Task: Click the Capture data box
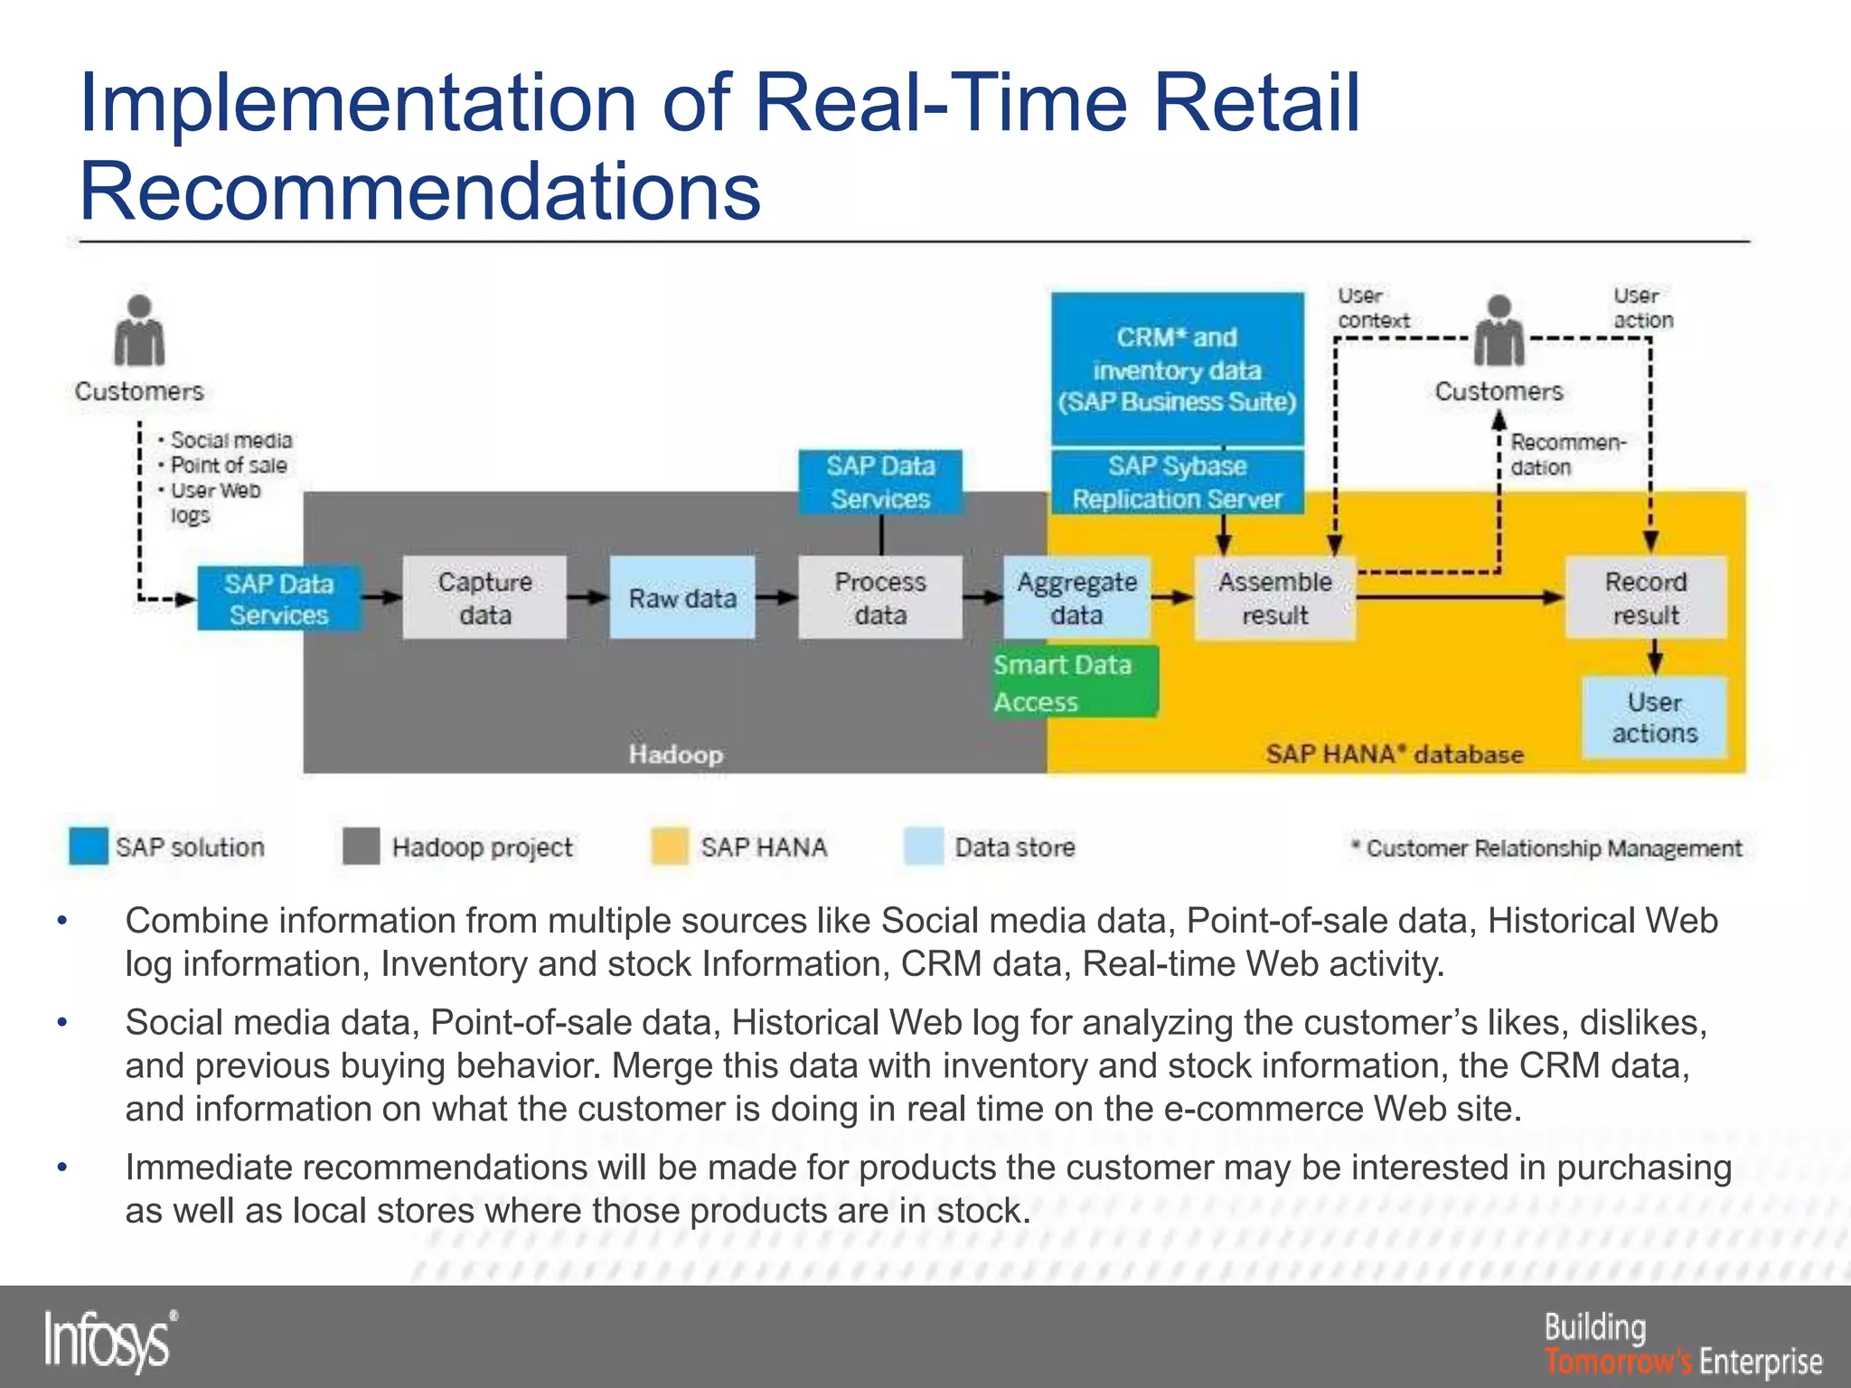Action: (x=484, y=597)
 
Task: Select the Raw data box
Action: (x=682, y=597)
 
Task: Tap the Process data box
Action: (x=880, y=597)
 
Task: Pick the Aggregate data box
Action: (x=1076, y=597)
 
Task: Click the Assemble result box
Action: (x=1274, y=597)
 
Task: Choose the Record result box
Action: (x=1646, y=597)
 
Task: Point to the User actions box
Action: (x=1654, y=717)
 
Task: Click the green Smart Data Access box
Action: (x=1074, y=682)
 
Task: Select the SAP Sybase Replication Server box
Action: (x=1177, y=482)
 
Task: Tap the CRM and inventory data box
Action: (x=1177, y=369)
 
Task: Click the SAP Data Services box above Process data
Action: (x=880, y=482)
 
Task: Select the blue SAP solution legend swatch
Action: (x=89, y=847)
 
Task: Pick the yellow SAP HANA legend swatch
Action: (x=670, y=847)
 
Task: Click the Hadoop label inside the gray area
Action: (x=676, y=754)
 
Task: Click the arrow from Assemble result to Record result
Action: (x=1460, y=596)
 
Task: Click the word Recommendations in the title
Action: (x=420, y=191)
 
